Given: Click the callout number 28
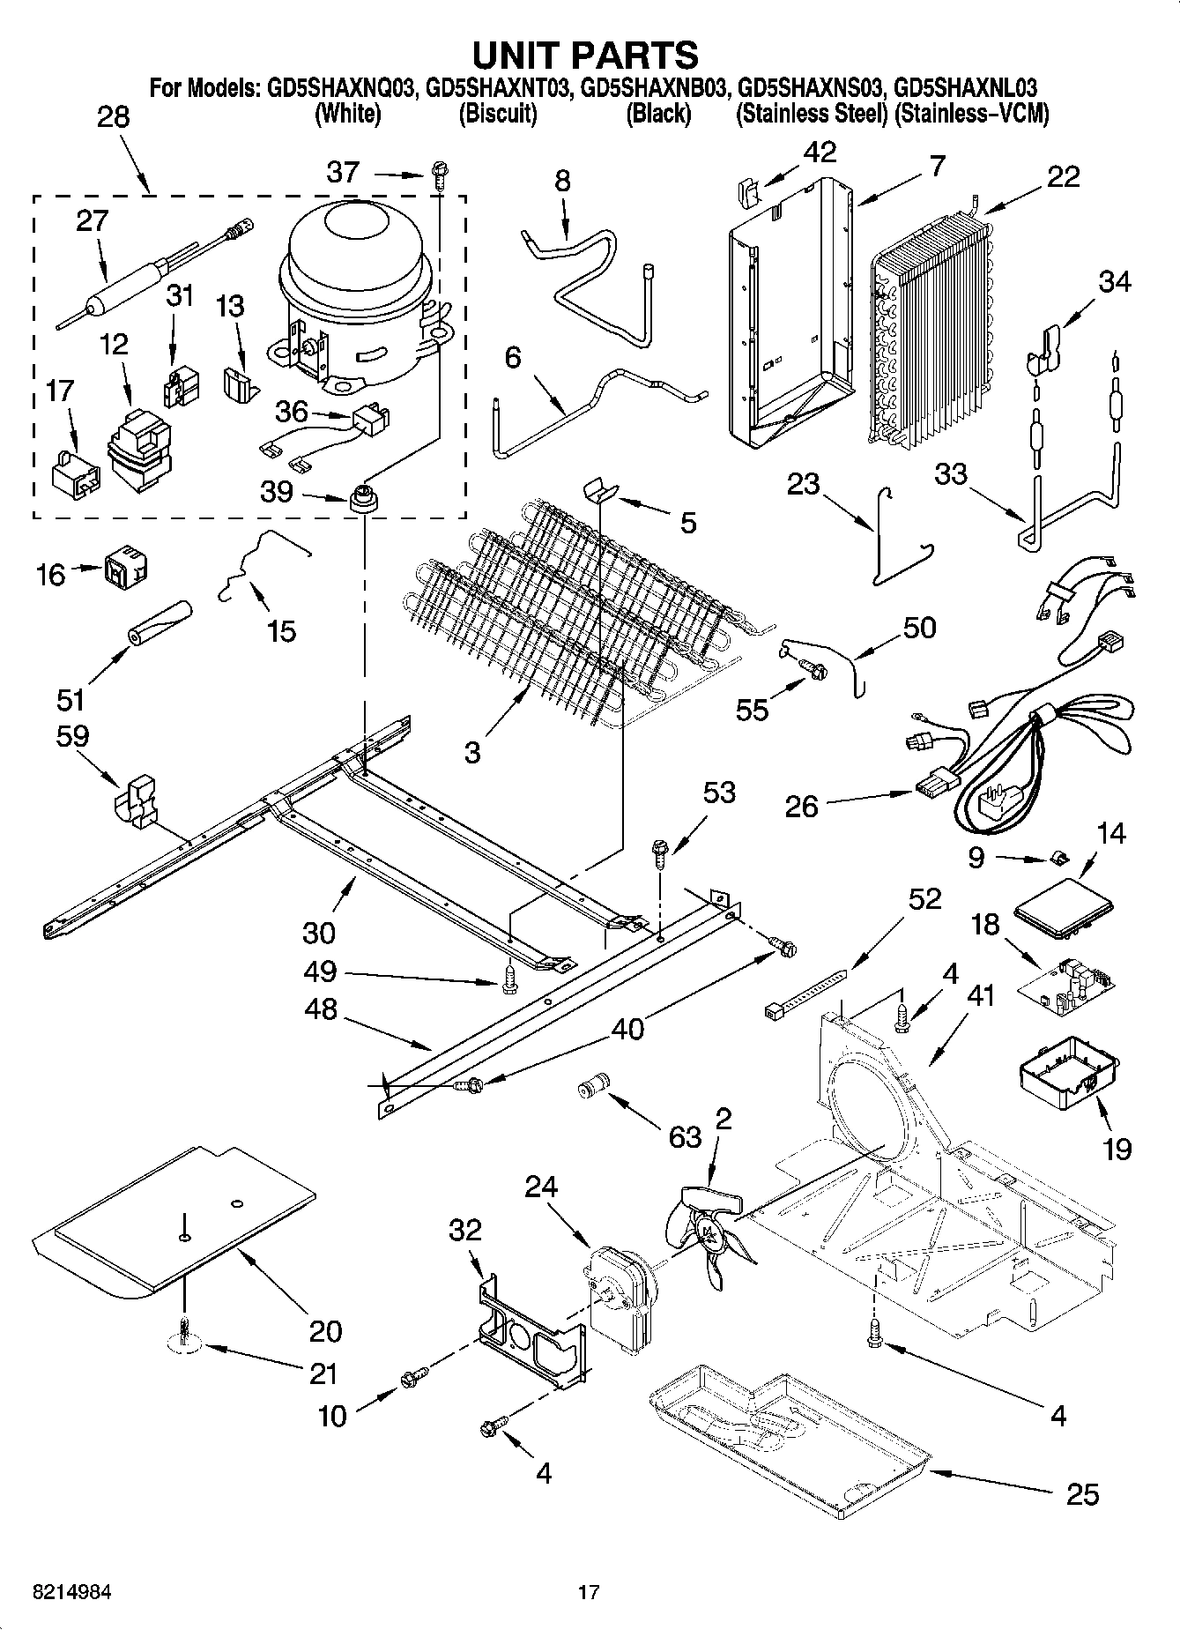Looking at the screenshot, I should [113, 117].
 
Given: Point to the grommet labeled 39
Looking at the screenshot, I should [363, 499].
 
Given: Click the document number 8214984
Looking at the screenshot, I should [71, 1592].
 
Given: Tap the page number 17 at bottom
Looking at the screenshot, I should [589, 1592].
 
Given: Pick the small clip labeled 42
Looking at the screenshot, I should [746, 192].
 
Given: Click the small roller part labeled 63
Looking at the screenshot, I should [592, 1085].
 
